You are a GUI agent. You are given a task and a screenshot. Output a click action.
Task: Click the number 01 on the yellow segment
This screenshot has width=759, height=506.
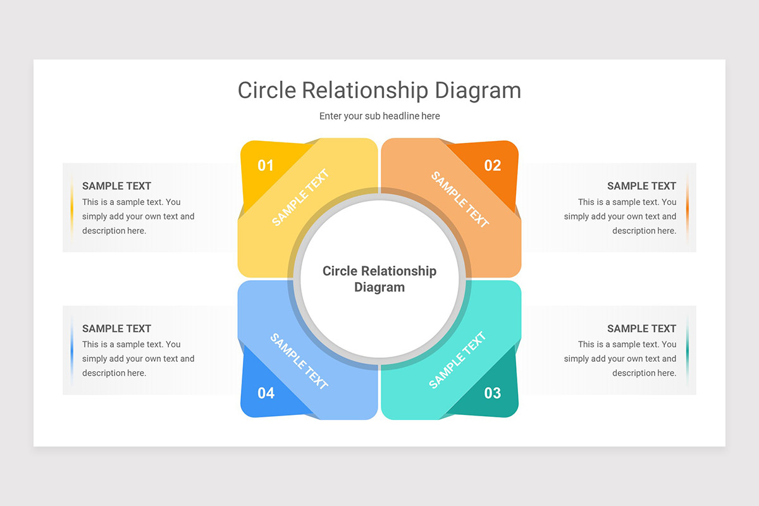click(x=266, y=166)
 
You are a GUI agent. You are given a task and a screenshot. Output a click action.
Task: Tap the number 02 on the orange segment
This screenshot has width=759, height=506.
click(x=493, y=166)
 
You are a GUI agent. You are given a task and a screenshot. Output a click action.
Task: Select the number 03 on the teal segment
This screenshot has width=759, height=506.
click(x=493, y=393)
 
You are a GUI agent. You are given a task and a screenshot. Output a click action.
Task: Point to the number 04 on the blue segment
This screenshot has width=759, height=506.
click(x=266, y=393)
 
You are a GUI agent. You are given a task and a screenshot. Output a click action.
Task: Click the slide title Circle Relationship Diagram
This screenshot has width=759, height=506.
click(x=379, y=90)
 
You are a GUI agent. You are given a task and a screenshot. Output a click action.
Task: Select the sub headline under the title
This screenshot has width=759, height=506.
click(x=379, y=116)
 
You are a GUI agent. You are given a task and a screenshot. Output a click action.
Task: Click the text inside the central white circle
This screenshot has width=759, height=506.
click(x=379, y=279)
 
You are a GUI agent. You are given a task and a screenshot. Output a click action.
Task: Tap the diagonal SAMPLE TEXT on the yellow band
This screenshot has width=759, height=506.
click(x=300, y=197)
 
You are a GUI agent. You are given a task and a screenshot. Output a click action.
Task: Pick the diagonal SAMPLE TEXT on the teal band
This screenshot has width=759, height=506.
click(x=457, y=361)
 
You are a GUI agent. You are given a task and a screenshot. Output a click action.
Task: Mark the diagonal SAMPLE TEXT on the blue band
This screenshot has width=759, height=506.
click(x=299, y=361)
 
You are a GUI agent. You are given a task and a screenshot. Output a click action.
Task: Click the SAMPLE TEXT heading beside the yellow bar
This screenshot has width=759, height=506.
click(x=116, y=186)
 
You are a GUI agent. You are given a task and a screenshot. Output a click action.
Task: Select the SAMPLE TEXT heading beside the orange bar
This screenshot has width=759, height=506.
click(x=641, y=186)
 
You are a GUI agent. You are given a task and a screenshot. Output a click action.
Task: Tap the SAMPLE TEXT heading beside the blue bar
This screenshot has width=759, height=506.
click(x=116, y=328)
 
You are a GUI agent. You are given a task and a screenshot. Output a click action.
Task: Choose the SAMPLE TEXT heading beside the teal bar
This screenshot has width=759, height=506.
click(x=641, y=328)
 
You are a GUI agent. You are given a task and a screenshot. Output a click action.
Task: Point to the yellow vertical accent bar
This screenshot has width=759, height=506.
click(x=72, y=207)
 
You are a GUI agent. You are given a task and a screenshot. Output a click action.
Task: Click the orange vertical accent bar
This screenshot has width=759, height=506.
click(x=688, y=207)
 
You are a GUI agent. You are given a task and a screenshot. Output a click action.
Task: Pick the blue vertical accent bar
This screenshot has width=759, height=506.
click(x=72, y=350)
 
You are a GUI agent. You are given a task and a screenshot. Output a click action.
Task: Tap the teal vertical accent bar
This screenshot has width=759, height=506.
click(x=688, y=350)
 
